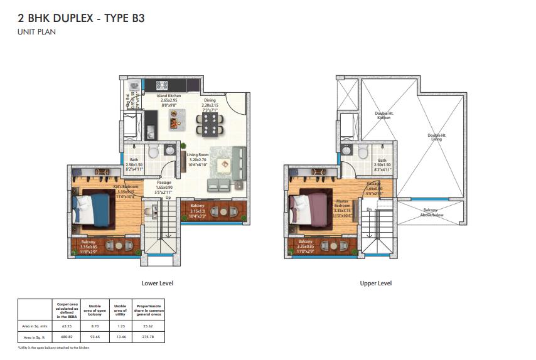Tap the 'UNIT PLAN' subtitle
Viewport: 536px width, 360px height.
pyautogui.click(x=36, y=31)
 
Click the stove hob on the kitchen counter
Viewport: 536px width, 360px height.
pyautogui.click(x=161, y=84)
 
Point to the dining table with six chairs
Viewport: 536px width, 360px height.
pyautogui.click(x=208, y=124)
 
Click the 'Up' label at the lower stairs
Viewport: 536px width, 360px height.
pyautogui.click(x=168, y=198)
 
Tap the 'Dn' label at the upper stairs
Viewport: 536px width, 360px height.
pyautogui.click(x=370, y=209)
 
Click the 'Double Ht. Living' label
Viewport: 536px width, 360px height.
pyautogui.click(x=437, y=137)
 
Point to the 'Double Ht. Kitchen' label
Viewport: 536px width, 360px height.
pyautogui.click(x=383, y=117)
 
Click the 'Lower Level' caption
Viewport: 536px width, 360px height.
pyautogui.click(x=157, y=283)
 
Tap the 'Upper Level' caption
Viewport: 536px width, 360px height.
pyautogui.click(x=375, y=283)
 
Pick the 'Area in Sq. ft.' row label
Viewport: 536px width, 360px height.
pyautogui.click(x=33, y=337)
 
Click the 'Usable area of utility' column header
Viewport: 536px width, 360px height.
pyautogui.click(x=120, y=310)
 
